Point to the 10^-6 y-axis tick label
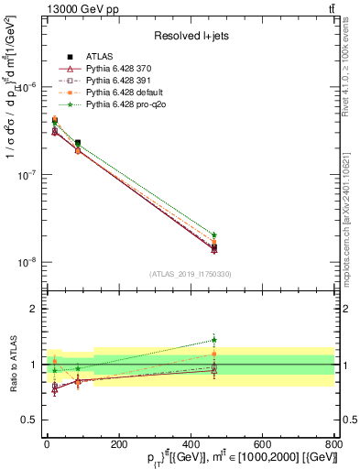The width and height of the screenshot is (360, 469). click(x=27, y=87)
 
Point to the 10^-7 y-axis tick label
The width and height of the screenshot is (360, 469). click(x=27, y=174)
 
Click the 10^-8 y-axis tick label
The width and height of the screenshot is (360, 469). click(x=27, y=262)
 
